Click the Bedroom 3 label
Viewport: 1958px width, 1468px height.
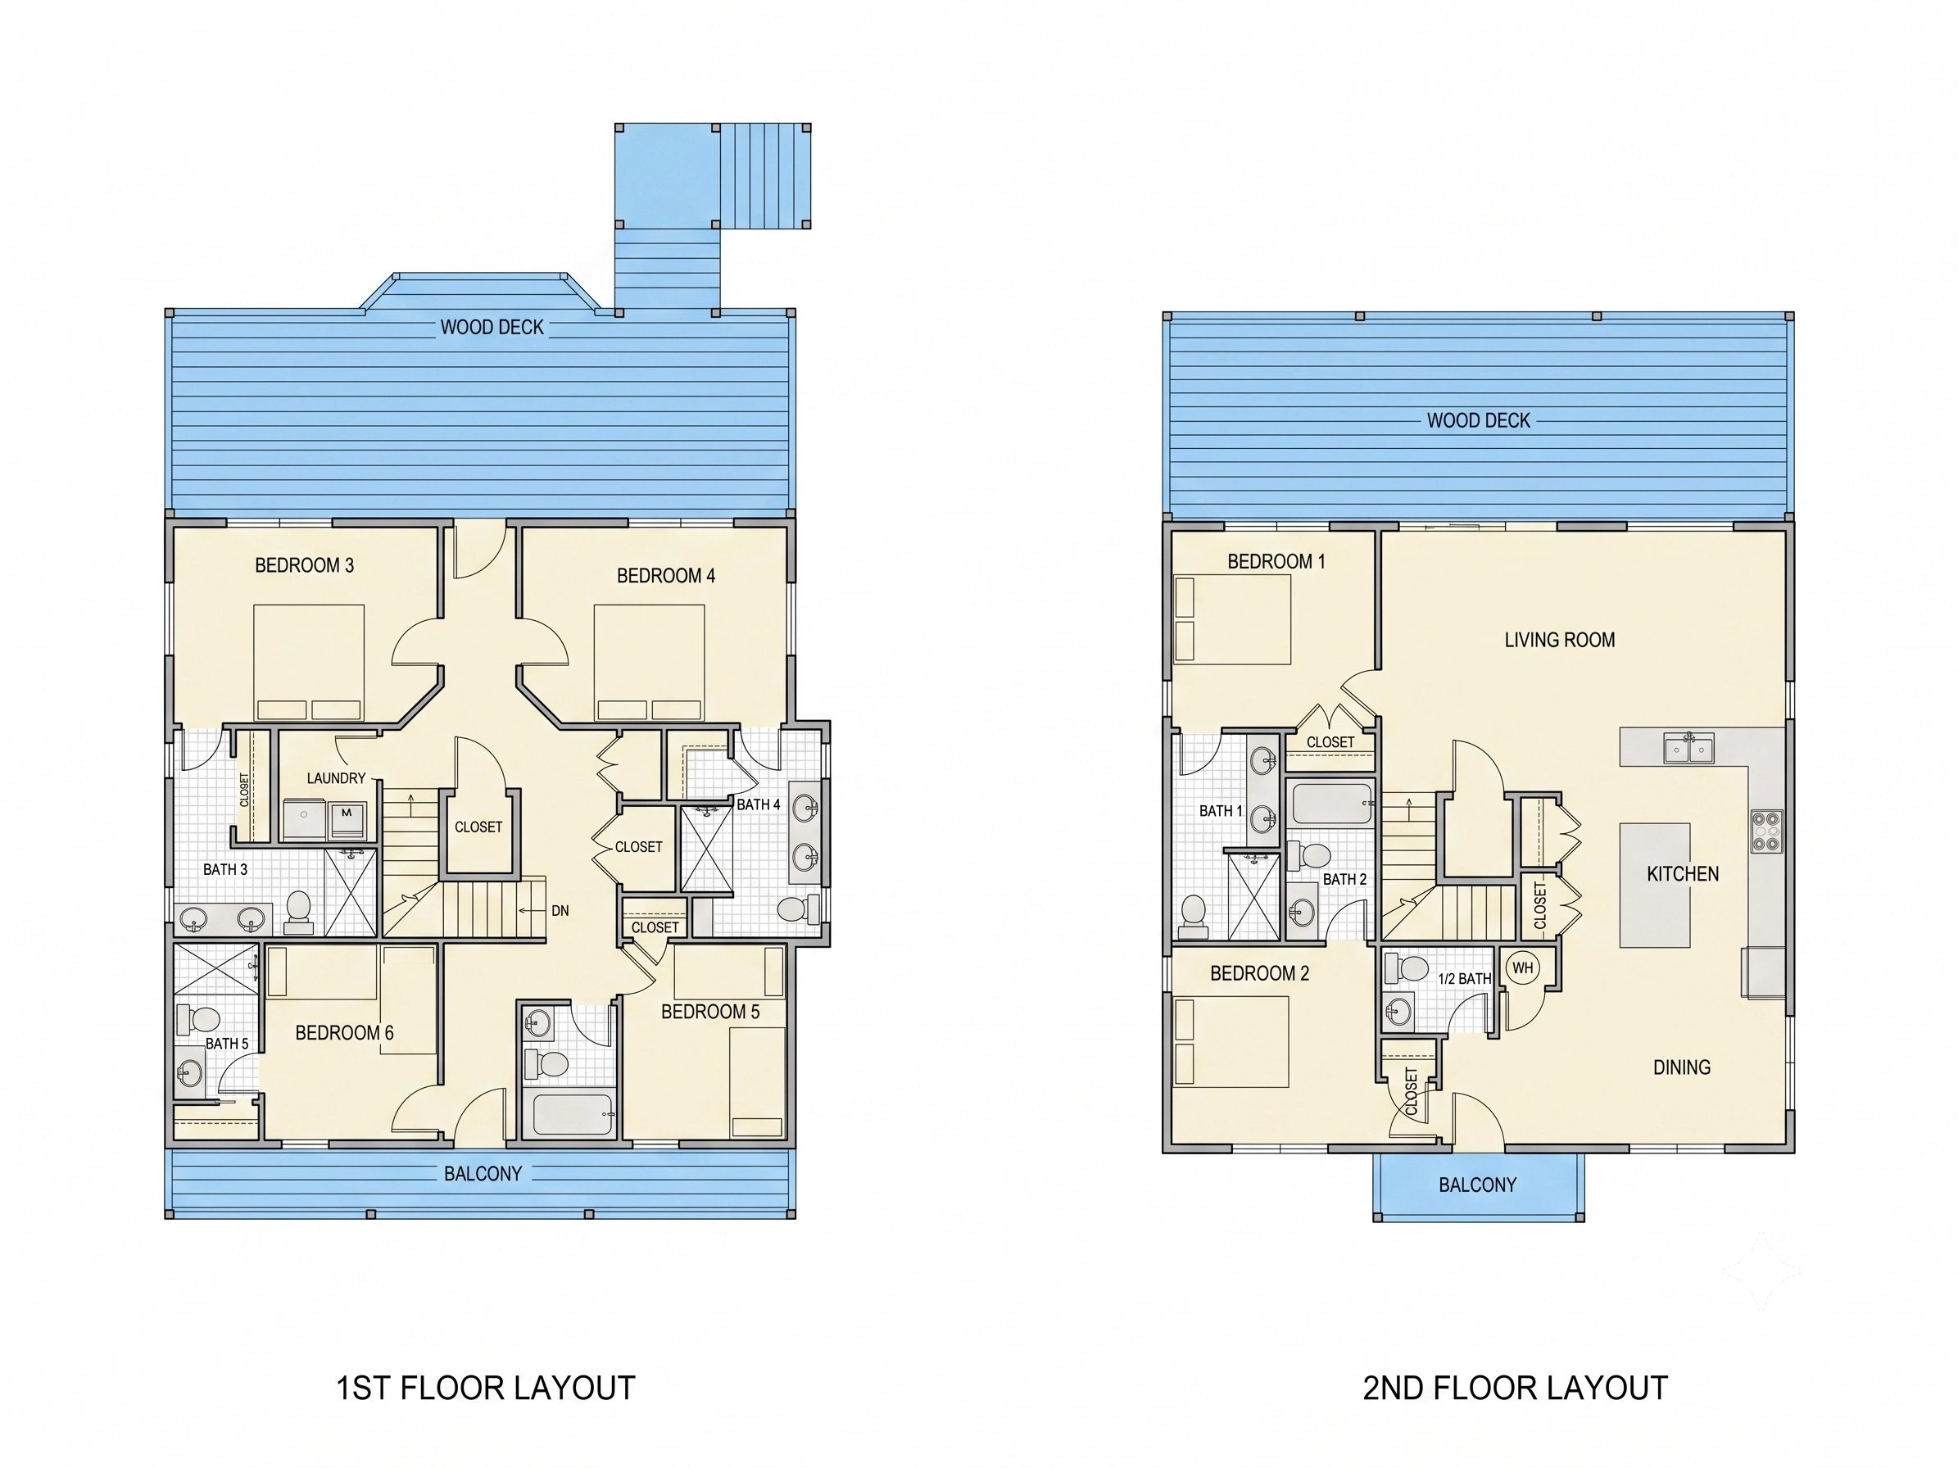coord(305,565)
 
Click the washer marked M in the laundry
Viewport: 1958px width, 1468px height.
coord(347,820)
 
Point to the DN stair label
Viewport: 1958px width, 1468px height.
coord(560,910)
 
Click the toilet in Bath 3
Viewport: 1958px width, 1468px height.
coord(298,913)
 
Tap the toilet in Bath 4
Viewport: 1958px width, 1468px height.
coord(798,909)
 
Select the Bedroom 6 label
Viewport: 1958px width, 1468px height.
coord(344,1033)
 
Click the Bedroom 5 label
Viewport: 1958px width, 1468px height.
coord(710,1012)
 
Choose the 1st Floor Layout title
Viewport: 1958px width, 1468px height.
coord(486,1388)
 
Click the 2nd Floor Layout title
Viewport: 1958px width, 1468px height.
coord(1516,1388)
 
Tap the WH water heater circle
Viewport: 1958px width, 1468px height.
coord(1522,968)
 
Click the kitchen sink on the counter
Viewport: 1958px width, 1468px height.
coord(1689,748)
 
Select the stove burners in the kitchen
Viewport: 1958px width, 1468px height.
coord(1766,831)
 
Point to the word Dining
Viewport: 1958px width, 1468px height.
coord(1682,1067)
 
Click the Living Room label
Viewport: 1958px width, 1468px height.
coord(1560,640)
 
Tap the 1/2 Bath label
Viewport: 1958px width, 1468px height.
coord(1464,979)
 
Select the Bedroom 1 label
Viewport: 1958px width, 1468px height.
coord(1276,561)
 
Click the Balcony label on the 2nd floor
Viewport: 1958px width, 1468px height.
coord(1477,1185)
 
